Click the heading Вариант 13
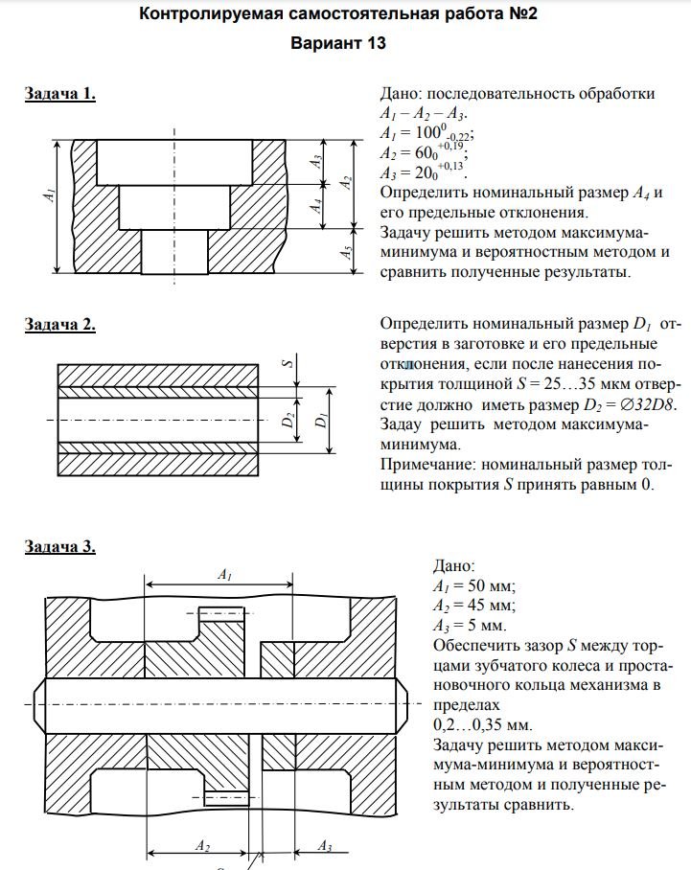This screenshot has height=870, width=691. point(345,44)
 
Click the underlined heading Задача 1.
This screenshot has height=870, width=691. point(59,94)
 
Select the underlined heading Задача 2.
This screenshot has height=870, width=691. point(59,325)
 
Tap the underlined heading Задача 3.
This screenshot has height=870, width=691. point(59,547)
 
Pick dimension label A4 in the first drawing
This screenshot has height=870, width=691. point(314,205)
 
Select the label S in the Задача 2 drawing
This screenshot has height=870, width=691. point(286,363)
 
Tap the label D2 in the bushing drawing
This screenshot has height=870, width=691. point(286,420)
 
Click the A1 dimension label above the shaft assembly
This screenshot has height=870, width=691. point(224,575)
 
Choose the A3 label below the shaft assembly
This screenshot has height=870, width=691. point(325,846)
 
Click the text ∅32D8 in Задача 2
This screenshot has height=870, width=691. point(647,405)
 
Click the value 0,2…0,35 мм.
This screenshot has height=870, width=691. point(480,724)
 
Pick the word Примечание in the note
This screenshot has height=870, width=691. point(426,466)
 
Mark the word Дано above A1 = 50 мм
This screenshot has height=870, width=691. point(453,566)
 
